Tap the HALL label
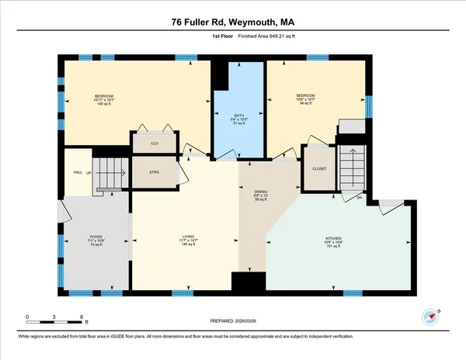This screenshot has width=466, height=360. coord(78,172)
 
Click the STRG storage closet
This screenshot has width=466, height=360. coord(155,172)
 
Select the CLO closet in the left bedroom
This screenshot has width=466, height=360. coord(155,144)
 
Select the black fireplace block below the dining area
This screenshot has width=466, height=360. coord(248,284)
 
